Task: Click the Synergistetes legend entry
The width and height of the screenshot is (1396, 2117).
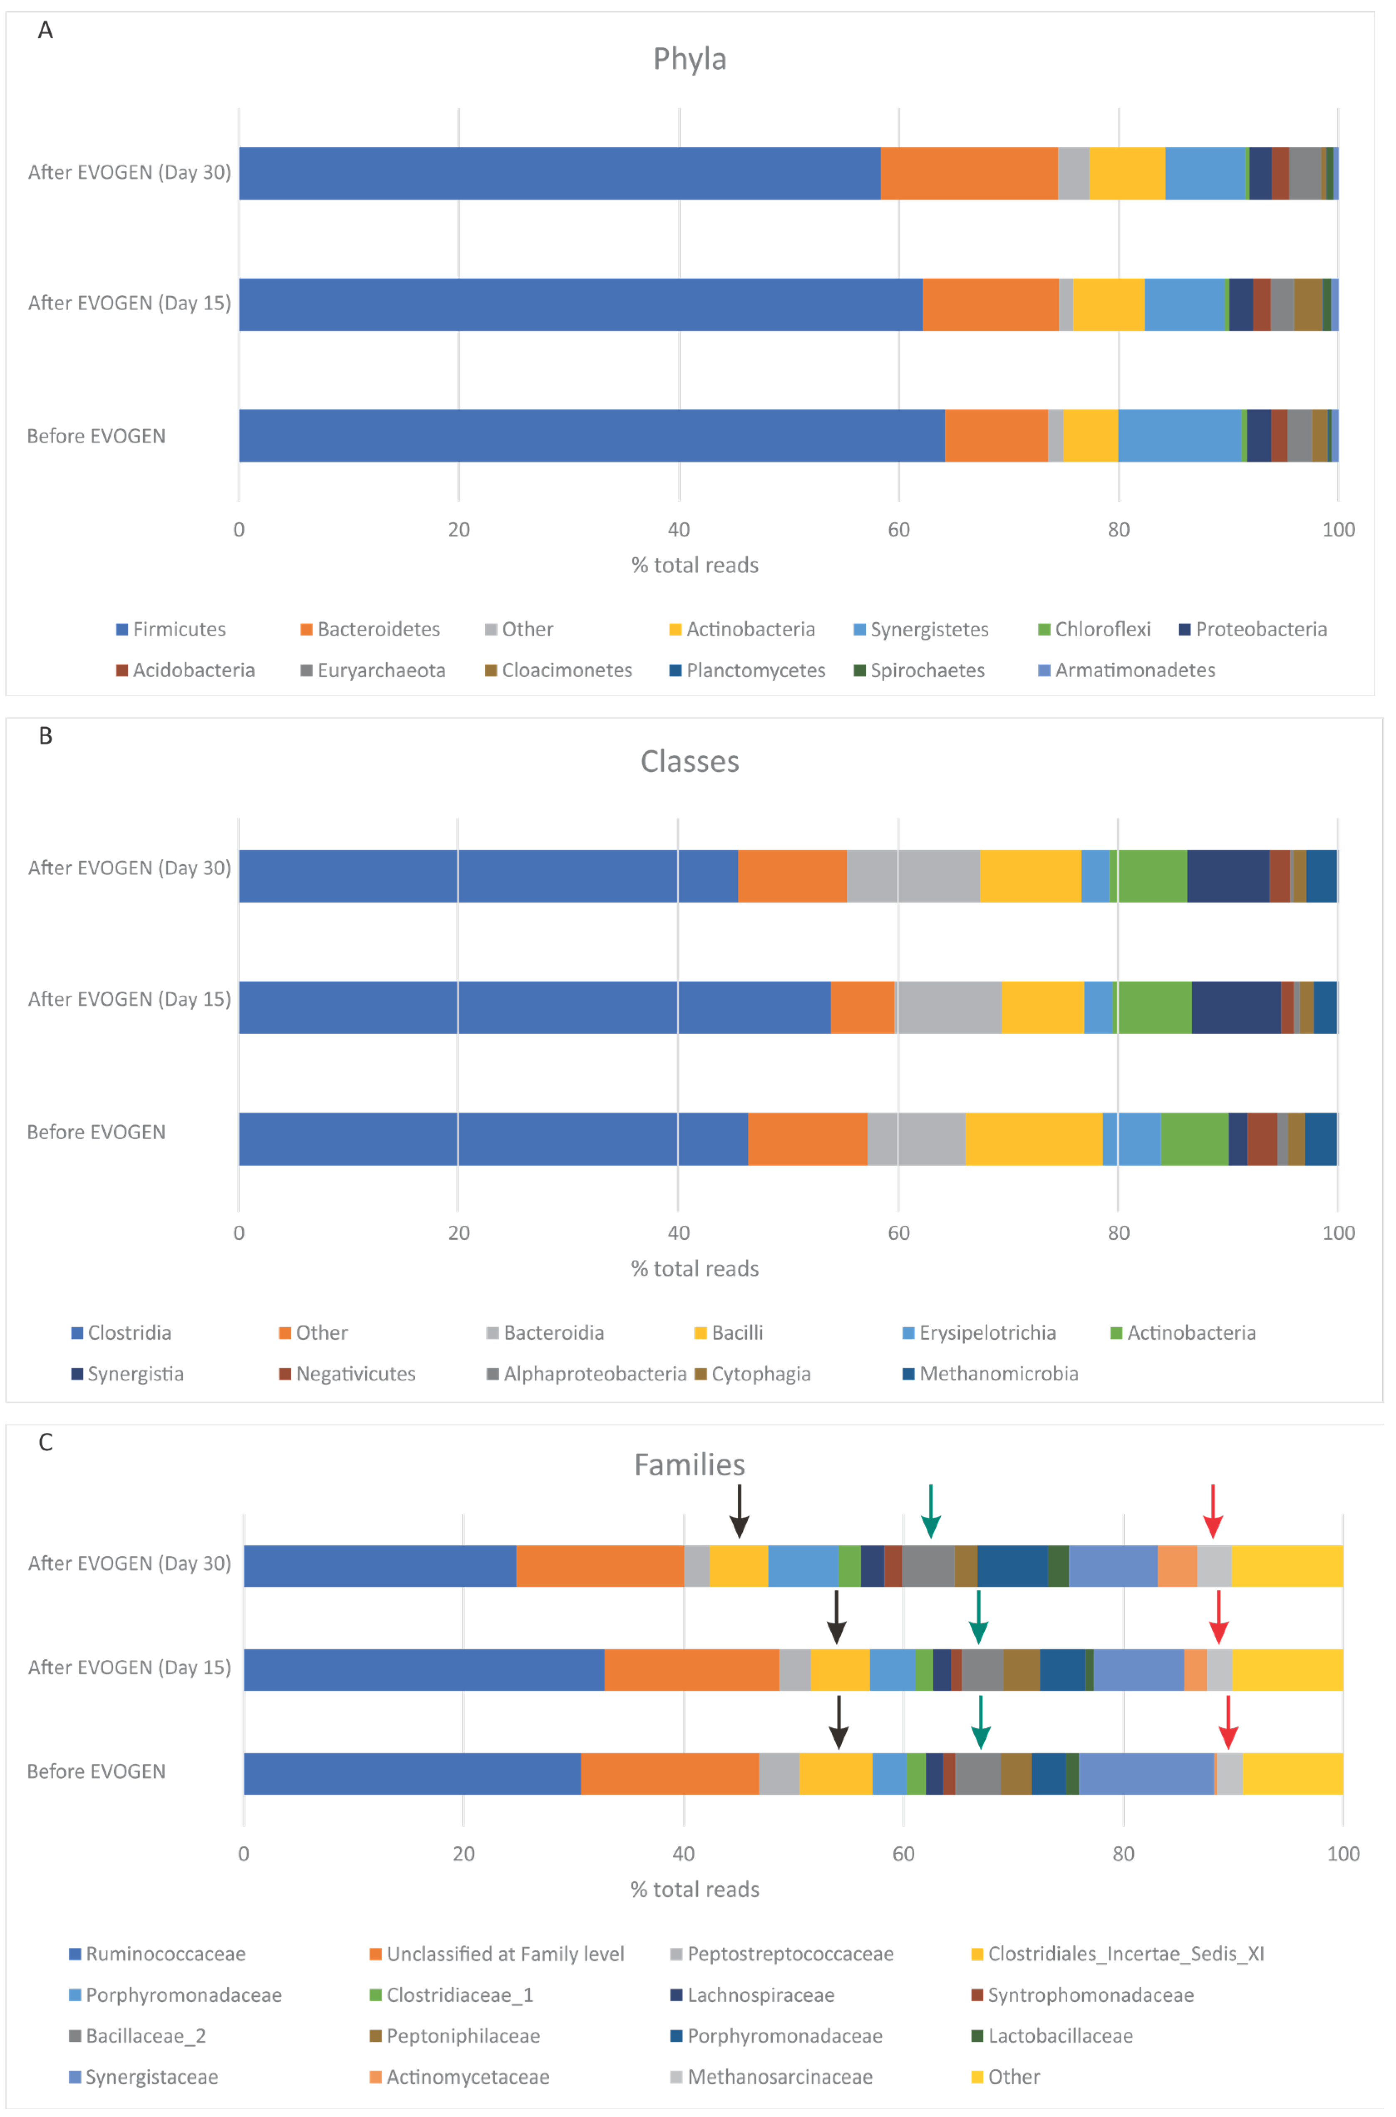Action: coord(929,629)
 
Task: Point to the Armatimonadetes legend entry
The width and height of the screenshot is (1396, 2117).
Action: coord(1134,670)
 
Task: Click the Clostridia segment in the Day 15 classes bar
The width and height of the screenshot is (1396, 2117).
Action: coord(534,1007)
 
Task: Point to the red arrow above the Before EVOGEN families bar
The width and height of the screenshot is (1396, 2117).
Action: coord(1228,1722)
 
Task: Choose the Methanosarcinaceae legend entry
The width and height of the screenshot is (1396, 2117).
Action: coord(779,2077)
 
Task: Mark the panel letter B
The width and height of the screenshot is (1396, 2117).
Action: coord(45,736)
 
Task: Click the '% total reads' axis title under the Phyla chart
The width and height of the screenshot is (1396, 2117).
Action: coord(694,565)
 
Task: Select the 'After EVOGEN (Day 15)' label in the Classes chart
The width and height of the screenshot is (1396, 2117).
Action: coord(129,999)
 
